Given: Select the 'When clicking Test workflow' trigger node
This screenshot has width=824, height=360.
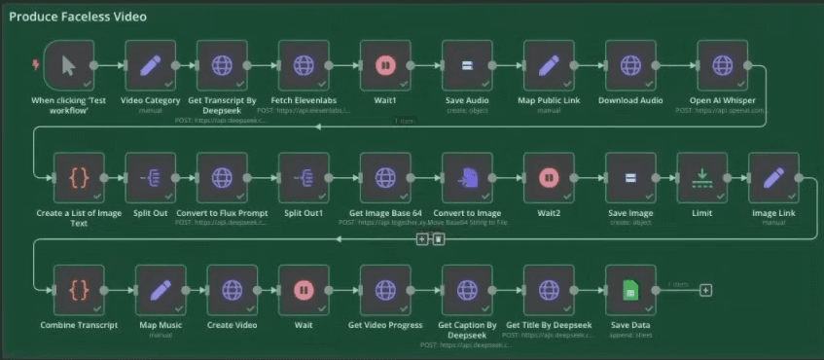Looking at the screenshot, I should pyautogui.click(x=69, y=65).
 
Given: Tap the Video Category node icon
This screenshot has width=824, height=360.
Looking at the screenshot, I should pyautogui.click(x=151, y=65).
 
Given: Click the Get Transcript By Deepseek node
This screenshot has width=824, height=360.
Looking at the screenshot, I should pyautogui.click(x=222, y=65).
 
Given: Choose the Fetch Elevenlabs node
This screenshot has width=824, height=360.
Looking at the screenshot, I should pyautogui.click(x=304, y=65).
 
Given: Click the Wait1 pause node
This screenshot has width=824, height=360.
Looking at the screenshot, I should pyautogui.click(x=385, y=65).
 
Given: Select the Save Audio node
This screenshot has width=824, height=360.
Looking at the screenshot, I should pyautogui.click(x=467, y=65).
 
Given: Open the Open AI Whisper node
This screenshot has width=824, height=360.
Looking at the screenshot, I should pyautogui.click(x=722, y=65).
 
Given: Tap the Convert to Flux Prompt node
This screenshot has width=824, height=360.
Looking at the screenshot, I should pyautogui.click(x=222, y=178).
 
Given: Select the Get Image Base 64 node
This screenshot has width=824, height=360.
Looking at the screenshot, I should pyautogui.click(x=385, y=178).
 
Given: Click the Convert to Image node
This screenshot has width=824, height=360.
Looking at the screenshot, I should pyautogui.click(x=467, y=178).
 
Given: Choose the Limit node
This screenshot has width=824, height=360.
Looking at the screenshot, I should pyautogui.click(x=701, y=178).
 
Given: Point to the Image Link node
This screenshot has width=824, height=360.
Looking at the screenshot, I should pyautogui.click(x=773, y=178).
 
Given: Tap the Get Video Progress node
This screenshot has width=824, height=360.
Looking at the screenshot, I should pyautogui.click(x=385, y=290).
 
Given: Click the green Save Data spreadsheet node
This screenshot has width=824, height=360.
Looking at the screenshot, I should pyautogui.click(x=630, y=290).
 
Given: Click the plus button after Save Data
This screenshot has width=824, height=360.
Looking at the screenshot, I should pyautogui.click(x=705, y=290).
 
